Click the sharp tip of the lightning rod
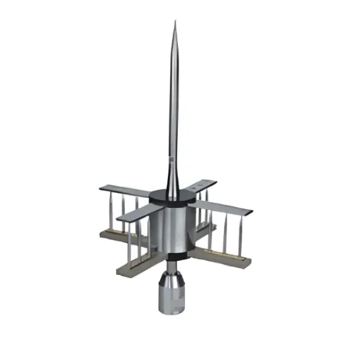[175, 24]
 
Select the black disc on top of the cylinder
[173, 196]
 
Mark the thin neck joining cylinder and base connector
[173, 266]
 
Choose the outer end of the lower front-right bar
[245, 262]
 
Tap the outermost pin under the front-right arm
[240, 236]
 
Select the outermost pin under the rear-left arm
[112, 210]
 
